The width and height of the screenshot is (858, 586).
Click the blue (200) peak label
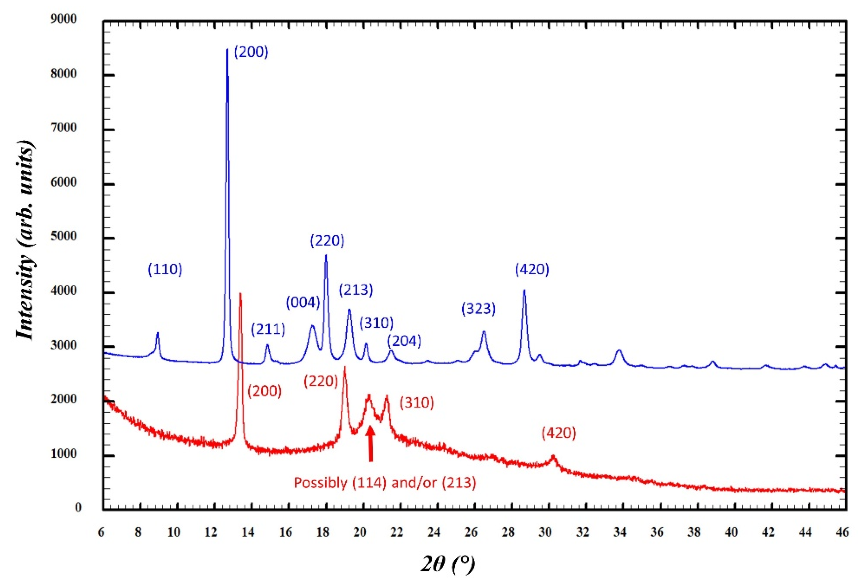251,52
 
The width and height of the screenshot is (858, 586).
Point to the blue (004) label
303,303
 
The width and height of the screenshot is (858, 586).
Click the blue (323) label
478,309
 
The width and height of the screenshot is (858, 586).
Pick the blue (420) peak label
532,269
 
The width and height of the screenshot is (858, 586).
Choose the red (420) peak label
559,433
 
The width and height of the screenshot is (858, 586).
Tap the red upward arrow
370,443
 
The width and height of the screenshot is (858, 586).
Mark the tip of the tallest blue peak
227,49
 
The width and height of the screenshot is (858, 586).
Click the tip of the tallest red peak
240,294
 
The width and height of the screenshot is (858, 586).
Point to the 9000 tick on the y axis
64,19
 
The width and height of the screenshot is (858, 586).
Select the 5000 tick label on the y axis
64,236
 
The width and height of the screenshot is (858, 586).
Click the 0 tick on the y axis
78,508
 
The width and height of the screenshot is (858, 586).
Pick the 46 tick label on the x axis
842,532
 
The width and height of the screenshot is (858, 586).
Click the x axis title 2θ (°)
447,564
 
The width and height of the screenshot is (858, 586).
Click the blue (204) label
404,341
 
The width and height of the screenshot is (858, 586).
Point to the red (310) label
417,403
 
